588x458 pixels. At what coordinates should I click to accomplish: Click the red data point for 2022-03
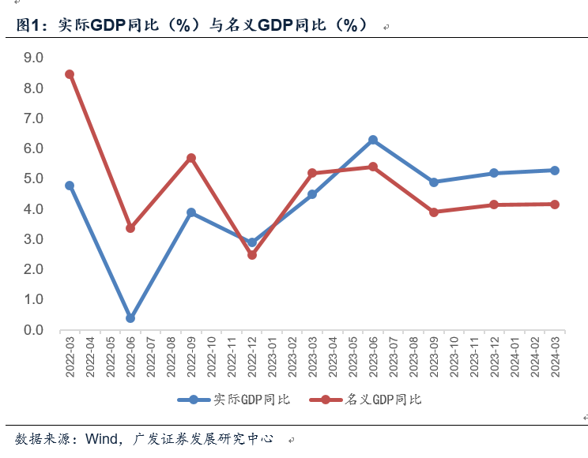[x=70, y=74]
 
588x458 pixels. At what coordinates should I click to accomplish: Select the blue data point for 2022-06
[x=130, y=318]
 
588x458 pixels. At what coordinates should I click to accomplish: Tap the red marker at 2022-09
[x=191, y=158]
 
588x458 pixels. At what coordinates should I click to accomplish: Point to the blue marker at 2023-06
[x=373, y=140]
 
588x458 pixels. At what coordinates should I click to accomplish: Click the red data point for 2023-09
[x=434, y=212]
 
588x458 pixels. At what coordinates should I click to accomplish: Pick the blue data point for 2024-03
[x=555, y=171]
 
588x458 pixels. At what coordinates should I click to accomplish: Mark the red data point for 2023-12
[x=494, y=205]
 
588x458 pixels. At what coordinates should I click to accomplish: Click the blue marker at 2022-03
[x=70, y=186]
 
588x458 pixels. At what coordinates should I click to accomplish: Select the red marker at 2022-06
[x=130, y=228]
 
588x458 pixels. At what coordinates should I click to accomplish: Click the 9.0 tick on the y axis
[x=33, y=58]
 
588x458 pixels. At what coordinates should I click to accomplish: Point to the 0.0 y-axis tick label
[x=33, y=330]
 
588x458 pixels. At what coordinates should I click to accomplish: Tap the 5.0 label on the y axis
[x=33, y=178]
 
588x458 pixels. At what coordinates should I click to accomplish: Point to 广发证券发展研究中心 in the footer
[x=205, y=438]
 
